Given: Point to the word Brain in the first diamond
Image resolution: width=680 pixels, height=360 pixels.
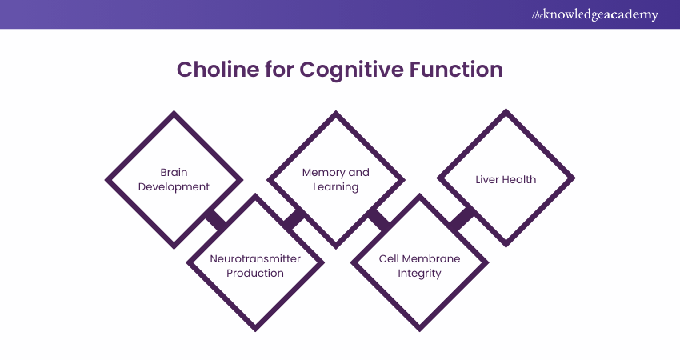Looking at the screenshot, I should pos(174,172).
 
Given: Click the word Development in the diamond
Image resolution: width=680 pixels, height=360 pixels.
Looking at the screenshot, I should pos(174,186).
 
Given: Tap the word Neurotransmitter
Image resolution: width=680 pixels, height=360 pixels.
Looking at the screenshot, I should pos(254,258).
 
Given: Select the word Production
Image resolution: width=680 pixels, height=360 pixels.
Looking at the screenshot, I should pos(254,273).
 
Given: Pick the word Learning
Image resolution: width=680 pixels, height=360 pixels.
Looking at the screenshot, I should pos(336,186).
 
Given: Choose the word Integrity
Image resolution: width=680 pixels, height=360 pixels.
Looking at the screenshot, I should pos(419,273).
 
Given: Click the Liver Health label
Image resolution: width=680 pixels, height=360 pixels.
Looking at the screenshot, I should pos(506,179).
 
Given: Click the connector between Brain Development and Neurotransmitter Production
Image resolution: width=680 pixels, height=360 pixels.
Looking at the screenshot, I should pos(214,218).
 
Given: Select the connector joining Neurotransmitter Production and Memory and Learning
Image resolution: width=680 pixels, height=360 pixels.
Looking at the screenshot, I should pos(294,218).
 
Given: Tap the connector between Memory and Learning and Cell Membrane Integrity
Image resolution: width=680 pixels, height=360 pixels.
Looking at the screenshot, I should pos(378,218).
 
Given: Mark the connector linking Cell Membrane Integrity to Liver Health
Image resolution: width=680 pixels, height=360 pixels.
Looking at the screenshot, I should pos(462,218).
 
